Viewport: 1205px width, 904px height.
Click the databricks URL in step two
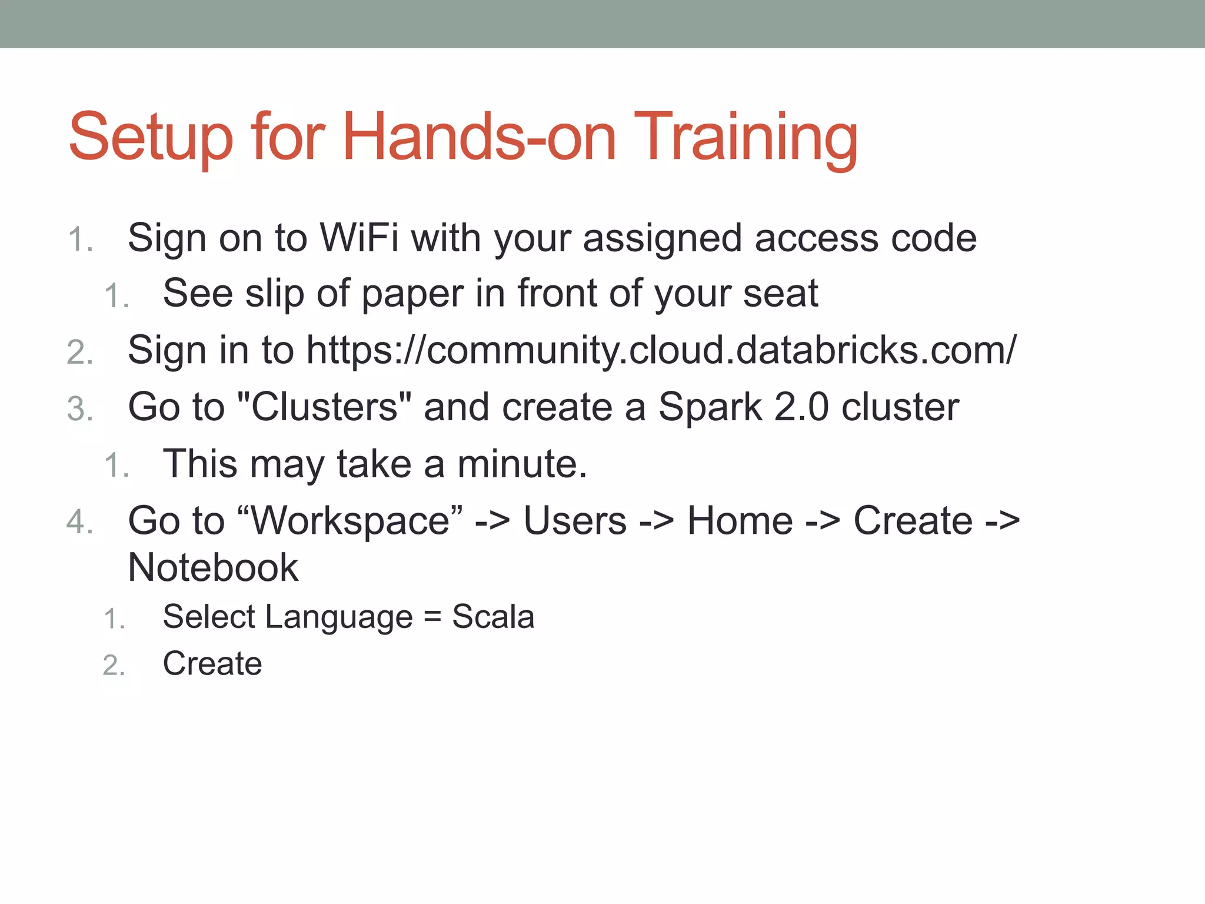tap(661, 351)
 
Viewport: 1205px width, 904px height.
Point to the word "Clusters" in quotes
tap(324, 407)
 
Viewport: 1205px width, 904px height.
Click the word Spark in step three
tap(710, 407)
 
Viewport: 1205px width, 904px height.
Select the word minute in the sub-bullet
tap(521, 464)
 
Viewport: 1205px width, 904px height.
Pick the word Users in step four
tap(575, 521)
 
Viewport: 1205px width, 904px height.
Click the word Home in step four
tap(740, 521)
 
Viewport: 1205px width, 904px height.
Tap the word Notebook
tap(213, 568)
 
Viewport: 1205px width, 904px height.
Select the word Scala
tap(493, 617)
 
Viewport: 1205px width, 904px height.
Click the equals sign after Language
tap(432, 617)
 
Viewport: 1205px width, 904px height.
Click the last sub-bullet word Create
tap(212, 664)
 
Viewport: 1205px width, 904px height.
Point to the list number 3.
tap(80, 409)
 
